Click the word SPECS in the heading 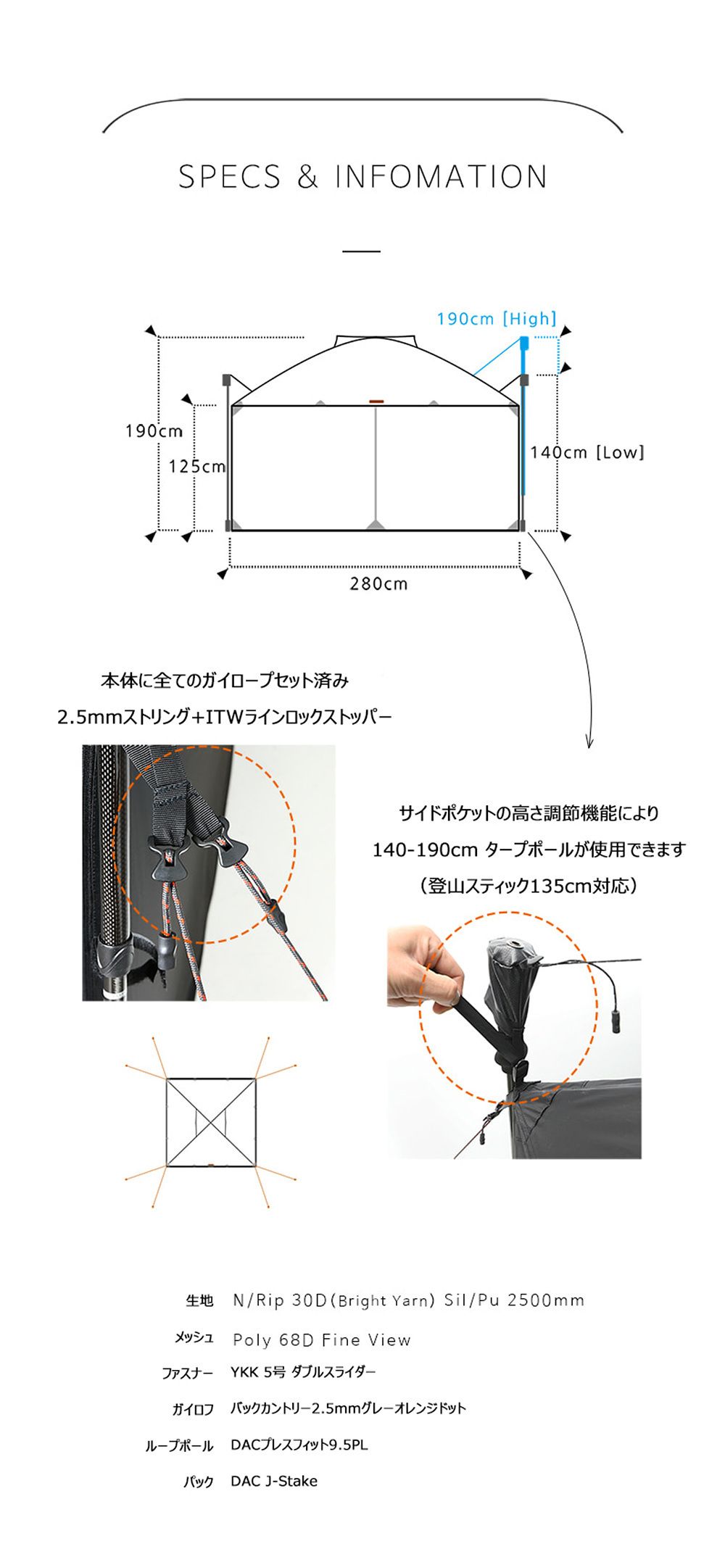[229, 178]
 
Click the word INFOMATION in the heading [441, 178]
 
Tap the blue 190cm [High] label [497, 319]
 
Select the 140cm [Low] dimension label [587, 453]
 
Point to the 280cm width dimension [378, 583]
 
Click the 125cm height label [196, 467]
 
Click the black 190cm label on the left [154, 431]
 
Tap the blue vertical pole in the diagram [523, 428]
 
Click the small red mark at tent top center [376, 401]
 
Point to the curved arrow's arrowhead [589, 743]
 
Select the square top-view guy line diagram [211, 1122]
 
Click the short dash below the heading [361, 252]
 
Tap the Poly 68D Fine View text [321, 1340]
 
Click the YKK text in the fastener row [244, 1372]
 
